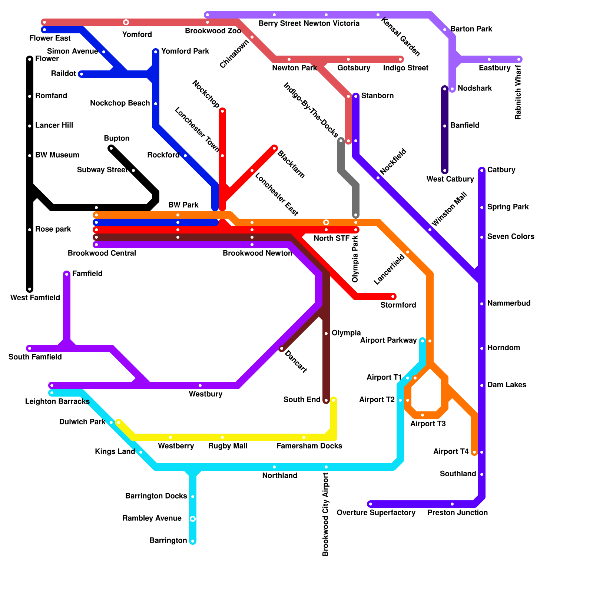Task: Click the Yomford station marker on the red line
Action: [126, 22]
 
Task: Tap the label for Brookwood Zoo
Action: [213, 31]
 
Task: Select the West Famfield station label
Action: [35, 298]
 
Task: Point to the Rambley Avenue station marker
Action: [193, 519]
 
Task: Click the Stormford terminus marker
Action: [393, 296]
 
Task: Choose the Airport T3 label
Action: [428, 424]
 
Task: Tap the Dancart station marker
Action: [282, 349]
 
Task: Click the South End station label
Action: [302, 400]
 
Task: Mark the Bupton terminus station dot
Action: [111, 149]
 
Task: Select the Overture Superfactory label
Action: [376, 513]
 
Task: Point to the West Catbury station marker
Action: [445, 171]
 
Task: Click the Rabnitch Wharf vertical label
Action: [518, 92]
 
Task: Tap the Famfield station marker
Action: [67, 274]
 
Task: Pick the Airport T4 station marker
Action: [474, 452]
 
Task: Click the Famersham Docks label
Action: [309, 446]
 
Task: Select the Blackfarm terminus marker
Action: [275, 148]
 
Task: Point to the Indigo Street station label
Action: [405, 68]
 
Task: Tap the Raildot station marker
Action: [81, 74]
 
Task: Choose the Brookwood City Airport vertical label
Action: [326, 514]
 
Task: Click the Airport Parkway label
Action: [388, 340]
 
